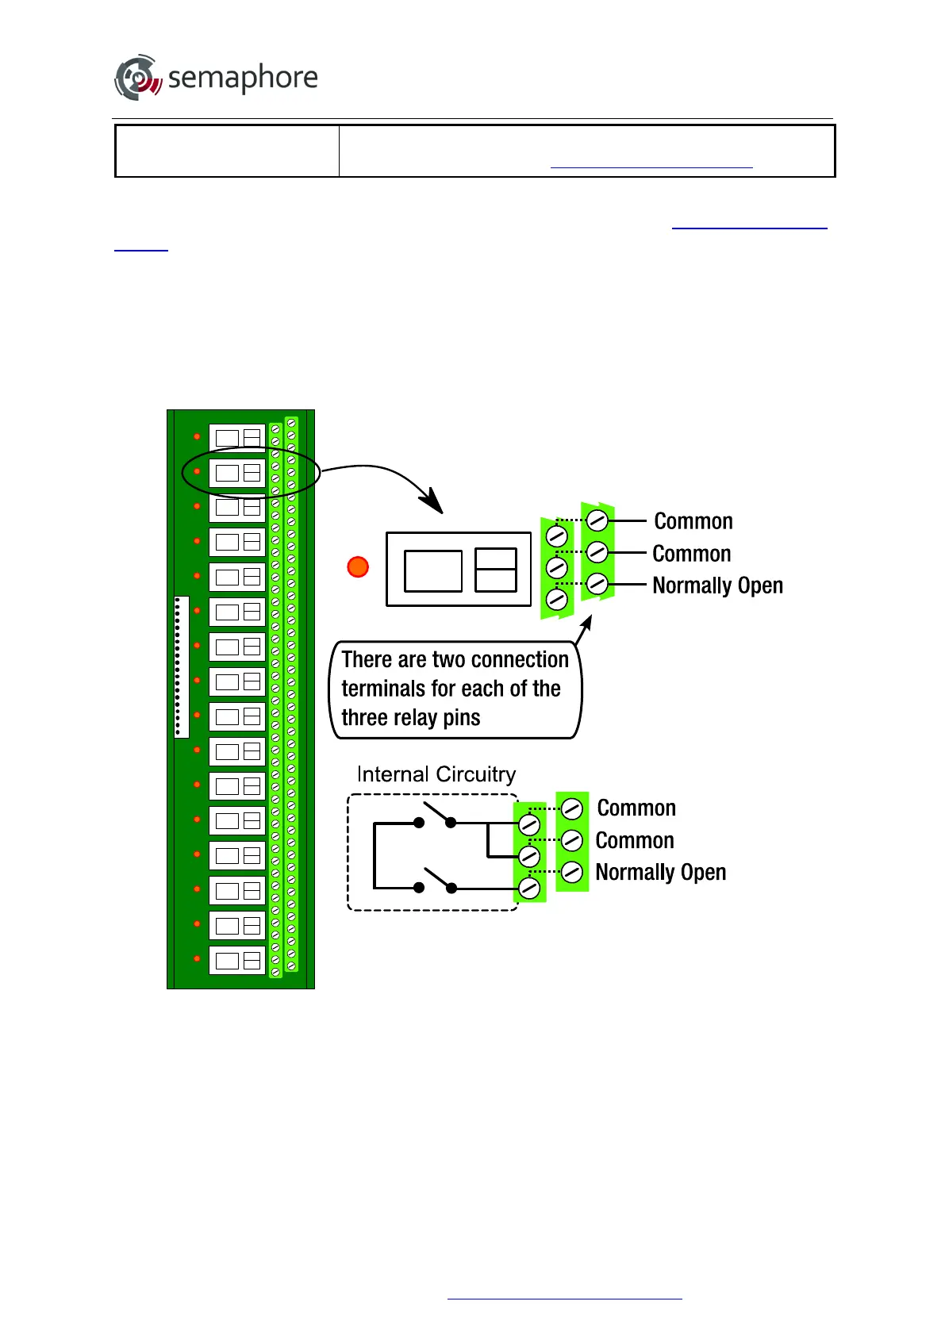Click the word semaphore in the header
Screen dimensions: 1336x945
[243, 78]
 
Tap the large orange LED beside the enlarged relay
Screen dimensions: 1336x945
[359, 566]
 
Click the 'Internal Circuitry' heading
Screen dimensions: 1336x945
[436, 774]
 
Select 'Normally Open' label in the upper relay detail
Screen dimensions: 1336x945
[717, 585]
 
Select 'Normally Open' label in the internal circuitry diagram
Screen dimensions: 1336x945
[660, 872]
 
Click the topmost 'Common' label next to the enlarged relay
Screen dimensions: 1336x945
[693, 521]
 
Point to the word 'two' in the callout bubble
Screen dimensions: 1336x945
[448, 660]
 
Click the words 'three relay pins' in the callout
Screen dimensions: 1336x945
[410, 718]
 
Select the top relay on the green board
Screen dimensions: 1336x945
[237, 437]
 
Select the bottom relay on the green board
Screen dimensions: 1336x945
[237, 960]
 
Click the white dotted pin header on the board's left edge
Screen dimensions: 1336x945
[181, 667]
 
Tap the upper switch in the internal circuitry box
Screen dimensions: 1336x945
[435, 816]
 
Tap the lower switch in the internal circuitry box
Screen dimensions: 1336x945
[435, 881]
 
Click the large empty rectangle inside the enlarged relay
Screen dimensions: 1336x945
[433, 570]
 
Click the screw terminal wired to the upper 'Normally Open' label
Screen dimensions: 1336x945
[597, 584]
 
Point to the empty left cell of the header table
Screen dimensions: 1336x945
[227, 151]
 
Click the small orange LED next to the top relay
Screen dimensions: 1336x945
[197, 436]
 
